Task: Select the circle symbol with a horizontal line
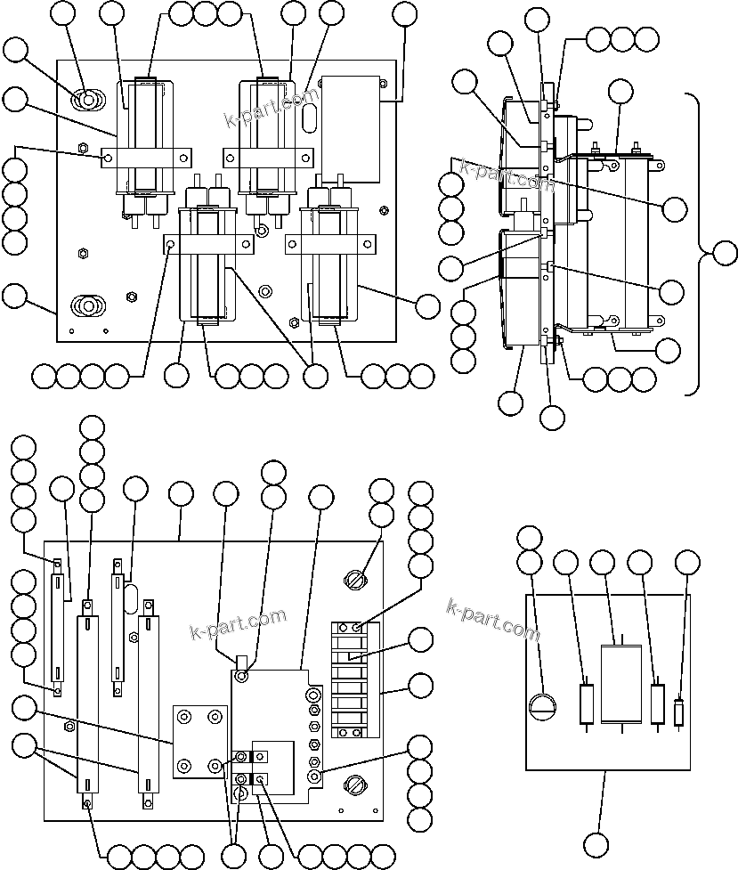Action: (541, 708)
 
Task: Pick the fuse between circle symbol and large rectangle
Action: (587, 705)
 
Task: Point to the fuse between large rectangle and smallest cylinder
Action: (658, 705)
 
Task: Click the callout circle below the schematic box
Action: (597, 844)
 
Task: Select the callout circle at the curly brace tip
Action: (726, 253)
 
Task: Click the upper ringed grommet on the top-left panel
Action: (87, 100)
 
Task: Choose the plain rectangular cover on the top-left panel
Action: (351, 125)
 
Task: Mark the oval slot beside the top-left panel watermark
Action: (309, 118)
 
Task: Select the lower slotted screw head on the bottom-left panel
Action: (354, 786)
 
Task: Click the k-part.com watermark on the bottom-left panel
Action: (238, 624)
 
